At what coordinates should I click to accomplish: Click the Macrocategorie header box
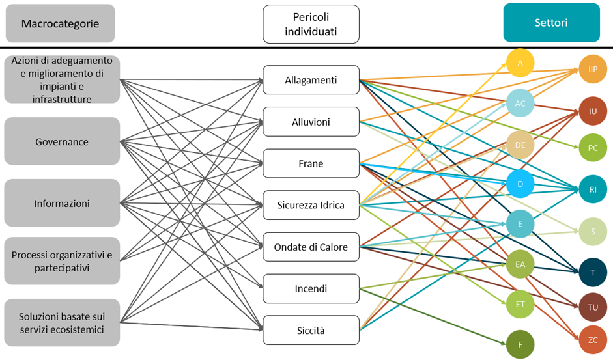pyautogui.click(x=60, y=23)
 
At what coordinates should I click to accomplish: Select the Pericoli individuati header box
pyautogui.click(x=311, y=23)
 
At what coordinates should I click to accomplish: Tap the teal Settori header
pyautogui.click(x=551, y=23)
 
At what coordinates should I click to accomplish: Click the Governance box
pyautogui.click(x=62, y=141)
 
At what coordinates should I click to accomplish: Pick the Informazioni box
pyautogui.click(x=62, y=203)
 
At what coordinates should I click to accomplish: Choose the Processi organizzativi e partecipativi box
pyautogui.click(x=62, y=261)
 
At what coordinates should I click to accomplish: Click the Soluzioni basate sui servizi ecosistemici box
pyautogui.click(x=62, y=323)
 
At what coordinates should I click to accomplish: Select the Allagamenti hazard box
pyautogui.click(x=311, y=80)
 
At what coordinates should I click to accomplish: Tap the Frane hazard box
pyautogui.click(x=311, y=163)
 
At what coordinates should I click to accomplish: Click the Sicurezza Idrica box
pyautogui.click(x=311, y=205)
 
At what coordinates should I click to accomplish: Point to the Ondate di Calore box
pyautogui.click(x=311, y=247)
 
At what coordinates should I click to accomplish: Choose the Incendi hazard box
pyautogui.click(x=311, y=288)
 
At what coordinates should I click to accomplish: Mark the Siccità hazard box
pyautogui.click(x=311, y=330)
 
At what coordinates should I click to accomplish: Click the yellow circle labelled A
pyautogui.click(x=520, y=62)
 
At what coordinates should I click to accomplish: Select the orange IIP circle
pyautogui.click(x=593, y=69)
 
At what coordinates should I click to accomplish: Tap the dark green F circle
pyautogui.click(x=520, y=344)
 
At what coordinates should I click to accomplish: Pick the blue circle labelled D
pyautogui.click(x=520, y=184)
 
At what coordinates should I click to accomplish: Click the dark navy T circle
pyautogui.click(x=593, y=272)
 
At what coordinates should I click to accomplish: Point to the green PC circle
pyautogui.click(x=593, y=148)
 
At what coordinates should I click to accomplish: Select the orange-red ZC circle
pyautogui.click(x=593, y=340)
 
